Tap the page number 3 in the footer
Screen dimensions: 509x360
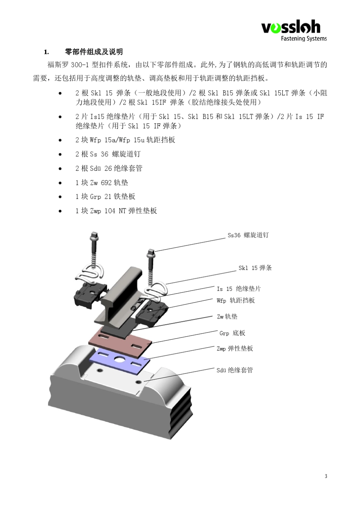[326, 476]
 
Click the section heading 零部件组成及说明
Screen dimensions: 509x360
[94, 52]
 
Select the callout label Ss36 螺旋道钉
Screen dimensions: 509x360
[248, 235]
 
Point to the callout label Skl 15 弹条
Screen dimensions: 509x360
[255, 268]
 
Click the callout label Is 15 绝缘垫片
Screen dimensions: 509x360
[239, 289]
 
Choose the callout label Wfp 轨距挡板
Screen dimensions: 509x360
[236, 301]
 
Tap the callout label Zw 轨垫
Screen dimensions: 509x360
[227, 317]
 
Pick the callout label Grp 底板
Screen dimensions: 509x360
[232, 333]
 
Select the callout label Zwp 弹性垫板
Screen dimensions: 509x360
[235, 349]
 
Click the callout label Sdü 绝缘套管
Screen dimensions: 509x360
[235, 370]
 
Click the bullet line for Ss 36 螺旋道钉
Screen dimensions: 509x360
[108, 154]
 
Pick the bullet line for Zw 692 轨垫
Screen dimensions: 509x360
[102, 183]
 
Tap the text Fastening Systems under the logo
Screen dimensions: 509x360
[304, 38]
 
